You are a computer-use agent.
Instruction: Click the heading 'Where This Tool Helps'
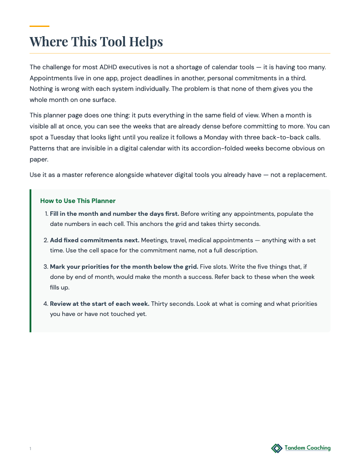click(x=96, y=41)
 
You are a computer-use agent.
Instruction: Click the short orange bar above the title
click(x=39, y=26)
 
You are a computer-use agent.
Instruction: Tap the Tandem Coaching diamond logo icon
click(x=277, y=448)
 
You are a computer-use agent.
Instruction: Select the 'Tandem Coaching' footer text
click(x=307, y=448)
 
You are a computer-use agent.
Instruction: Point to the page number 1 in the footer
click(x=30, y=449)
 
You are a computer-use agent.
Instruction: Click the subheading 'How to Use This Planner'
click(x=78, y=201)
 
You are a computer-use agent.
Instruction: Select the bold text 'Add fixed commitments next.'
click(x=94, y=241)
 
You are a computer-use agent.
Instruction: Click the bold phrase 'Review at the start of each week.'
click(x=100, y=304)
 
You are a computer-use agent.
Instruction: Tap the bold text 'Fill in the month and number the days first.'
click(x=114, y=214)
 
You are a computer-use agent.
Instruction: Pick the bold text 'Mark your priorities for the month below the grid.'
click(x=124, y=267)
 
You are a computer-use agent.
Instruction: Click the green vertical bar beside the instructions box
click(x=30, y=261)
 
